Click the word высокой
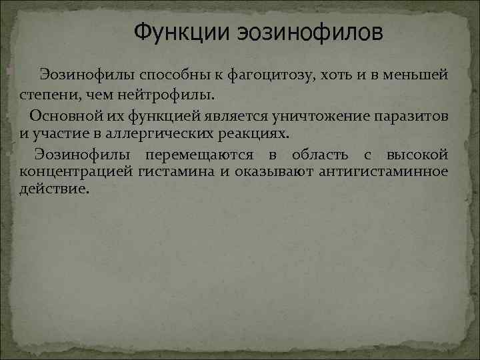click(x=419, y=155)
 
